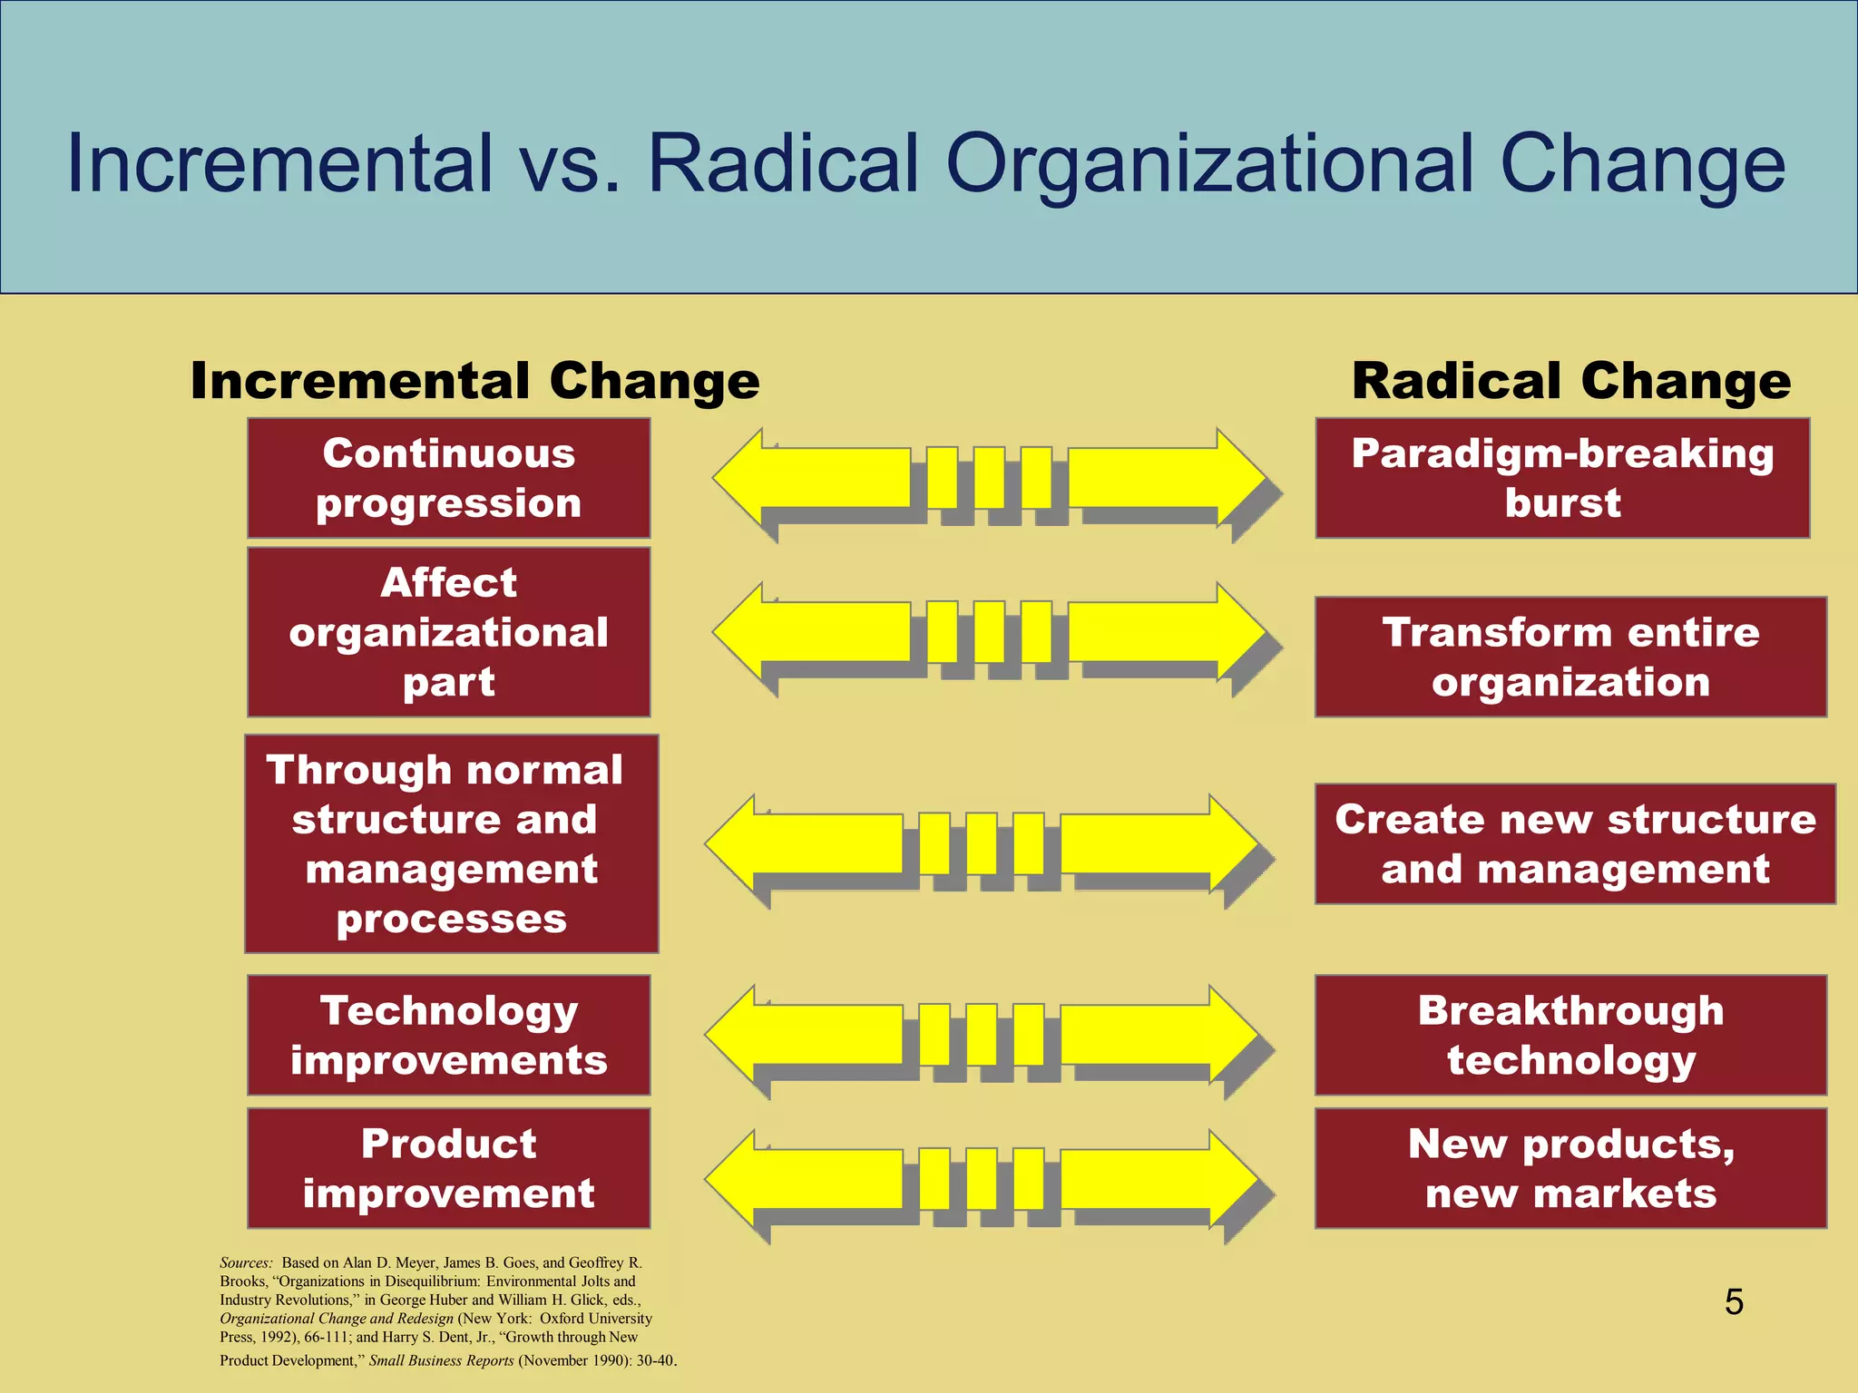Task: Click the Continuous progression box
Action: [x=448, y=478]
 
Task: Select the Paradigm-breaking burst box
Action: [x=1562, y=478]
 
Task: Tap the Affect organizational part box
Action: [x=448, y=632]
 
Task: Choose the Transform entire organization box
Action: [x=1570, y=657]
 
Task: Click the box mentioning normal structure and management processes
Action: [x=451, y=843]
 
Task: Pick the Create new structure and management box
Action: [x=1575, y=843]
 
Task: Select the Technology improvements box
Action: [x=448, y=1035]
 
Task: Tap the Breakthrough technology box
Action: [x=1570, y=1035]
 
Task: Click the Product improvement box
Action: [x=448, y=1168]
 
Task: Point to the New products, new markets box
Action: [x=1570, y=1168]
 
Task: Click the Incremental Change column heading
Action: [x=474, y=381]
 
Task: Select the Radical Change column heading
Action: [x=1570, y=381]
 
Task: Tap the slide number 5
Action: [x=1734, y=1302]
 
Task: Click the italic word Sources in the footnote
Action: [x=246, y=1262]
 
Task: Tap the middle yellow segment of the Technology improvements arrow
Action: [x=981, y=1034]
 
